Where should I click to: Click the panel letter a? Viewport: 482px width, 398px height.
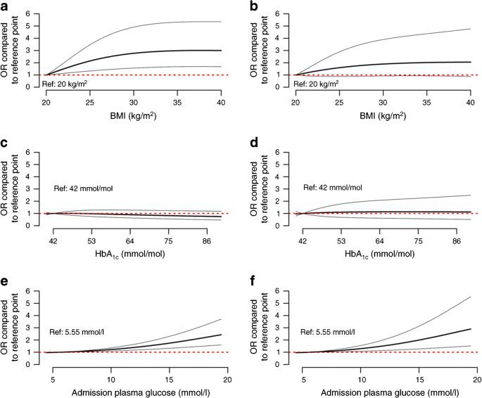pos(6,7)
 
